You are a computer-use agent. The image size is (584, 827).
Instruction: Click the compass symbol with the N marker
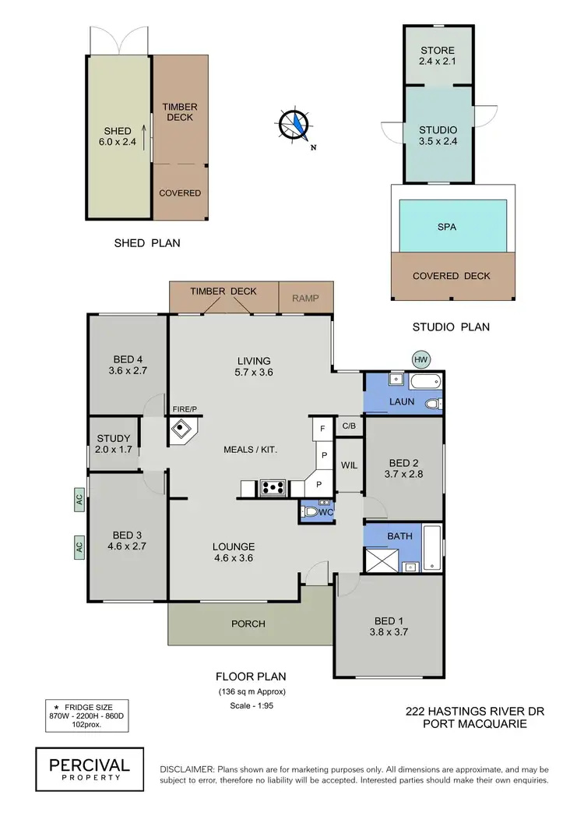(295, 125)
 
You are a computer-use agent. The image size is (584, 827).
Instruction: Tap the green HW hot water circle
(421, 359)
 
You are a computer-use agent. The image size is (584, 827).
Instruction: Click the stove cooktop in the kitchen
(272, 488)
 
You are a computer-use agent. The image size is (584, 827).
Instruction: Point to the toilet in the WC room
(311, 512)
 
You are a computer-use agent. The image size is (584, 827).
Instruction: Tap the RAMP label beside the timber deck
(305, 298)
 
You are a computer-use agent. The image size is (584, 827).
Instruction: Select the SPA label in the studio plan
(447, 227)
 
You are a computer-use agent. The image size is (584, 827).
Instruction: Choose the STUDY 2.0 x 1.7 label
(113, 444)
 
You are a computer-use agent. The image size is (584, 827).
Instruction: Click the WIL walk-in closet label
(349, 465)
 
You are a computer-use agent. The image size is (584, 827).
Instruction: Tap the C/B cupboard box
(349, 426)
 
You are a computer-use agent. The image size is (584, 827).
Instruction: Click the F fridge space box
(321, 428)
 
